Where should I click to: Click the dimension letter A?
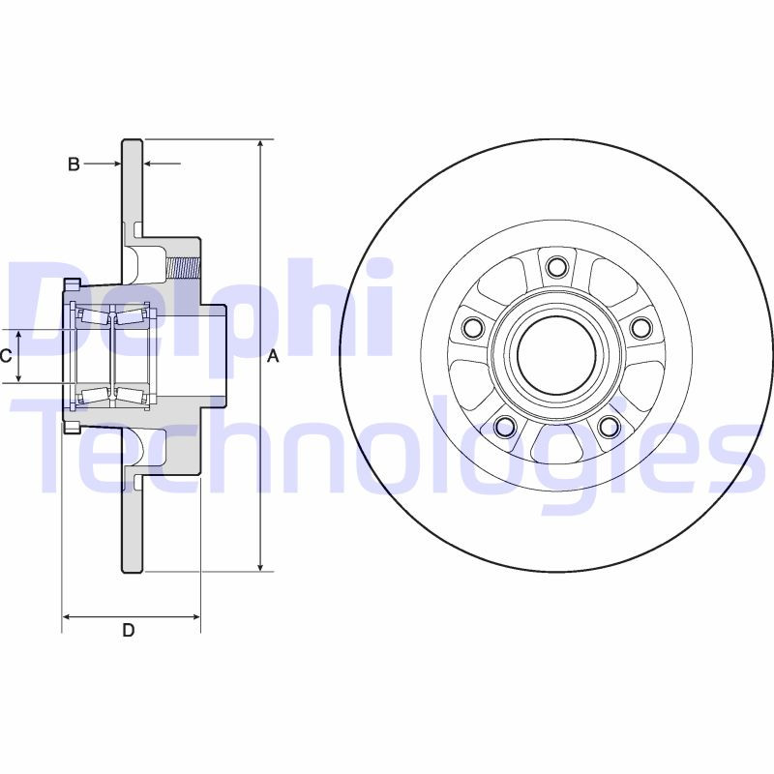[x=273, y=357]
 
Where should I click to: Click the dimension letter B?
[x=74, y=164]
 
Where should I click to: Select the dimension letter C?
[x=6, y=356]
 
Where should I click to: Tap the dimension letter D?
[x=128, y=631]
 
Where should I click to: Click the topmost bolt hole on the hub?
[x=555, y=266]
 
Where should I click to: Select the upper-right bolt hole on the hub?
[x=640, y=328]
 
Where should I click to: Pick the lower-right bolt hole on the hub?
[x=608, y=426]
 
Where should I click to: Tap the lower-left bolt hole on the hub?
[x=504, y=426]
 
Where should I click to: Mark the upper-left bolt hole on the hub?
[x=472, y=328]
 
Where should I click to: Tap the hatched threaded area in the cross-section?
[x=183, y=262]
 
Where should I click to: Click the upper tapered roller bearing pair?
[x=112, y=316]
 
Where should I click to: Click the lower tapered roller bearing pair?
[x=112, y=393]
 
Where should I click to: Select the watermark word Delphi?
[x=203, y=308]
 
